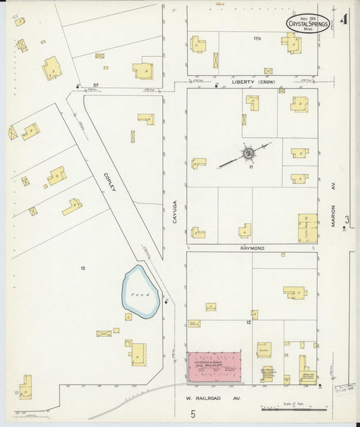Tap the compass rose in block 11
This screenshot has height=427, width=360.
coord(248,154)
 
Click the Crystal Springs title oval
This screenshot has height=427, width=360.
coord(308,23)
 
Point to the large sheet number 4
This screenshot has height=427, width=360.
coord(344,19)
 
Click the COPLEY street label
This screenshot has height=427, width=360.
coord(109,181)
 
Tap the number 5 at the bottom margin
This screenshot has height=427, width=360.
coord(192,414)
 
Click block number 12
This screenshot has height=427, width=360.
coord(249,323)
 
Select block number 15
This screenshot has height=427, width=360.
coord(82,269)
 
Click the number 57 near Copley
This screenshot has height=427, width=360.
coord(96,84)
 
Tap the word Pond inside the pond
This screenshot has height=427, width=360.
coord(140,295)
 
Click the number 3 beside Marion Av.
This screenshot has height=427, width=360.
coord(347,219)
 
